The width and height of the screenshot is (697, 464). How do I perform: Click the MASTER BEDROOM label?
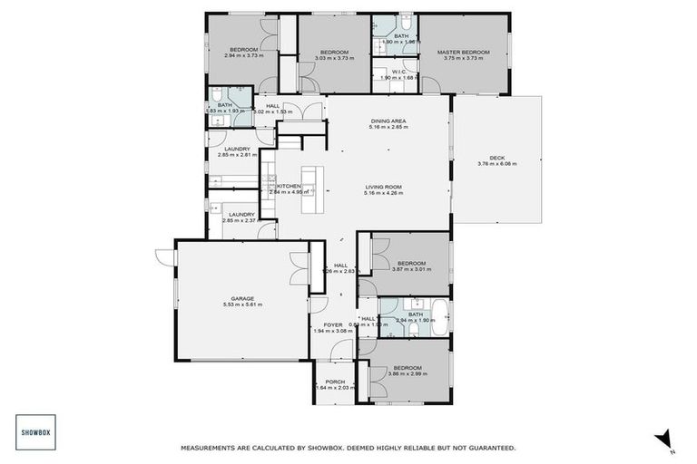(x=463, y=53)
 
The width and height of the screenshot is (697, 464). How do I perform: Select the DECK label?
(x=496, y=157)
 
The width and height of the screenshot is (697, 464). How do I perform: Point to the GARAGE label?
(x=241, y=298)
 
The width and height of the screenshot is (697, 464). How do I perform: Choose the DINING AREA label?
(x=388, y=121)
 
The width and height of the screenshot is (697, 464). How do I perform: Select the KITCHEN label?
(x=289, y=186)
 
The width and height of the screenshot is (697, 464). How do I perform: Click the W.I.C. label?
(x=397, y=71)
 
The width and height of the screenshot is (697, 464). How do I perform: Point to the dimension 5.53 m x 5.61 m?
(x=241, y=305)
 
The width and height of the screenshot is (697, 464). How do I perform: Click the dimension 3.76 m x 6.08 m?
(x=496, y=164)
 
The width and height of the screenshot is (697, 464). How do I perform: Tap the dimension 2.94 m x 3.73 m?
(x=243, y=56)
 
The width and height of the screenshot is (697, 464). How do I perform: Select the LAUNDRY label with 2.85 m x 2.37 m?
(x=241, y=214)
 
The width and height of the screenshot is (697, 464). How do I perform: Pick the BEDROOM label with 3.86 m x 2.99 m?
(x=410, y=366)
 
